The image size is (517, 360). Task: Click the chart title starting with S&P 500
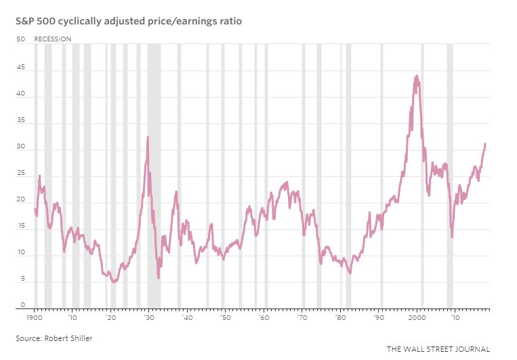[x=129, y=22]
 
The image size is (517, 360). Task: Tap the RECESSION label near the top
[x=52, y=39]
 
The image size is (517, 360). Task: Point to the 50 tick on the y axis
[x=20, y=39]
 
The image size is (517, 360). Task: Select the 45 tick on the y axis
[x=20, y=68]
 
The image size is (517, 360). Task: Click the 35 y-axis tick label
[x=20, y=121]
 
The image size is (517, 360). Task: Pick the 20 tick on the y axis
[x=20, y=201]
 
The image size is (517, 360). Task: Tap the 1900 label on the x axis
[x=36, y=317]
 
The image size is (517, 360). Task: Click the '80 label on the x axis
[x=341, y=317]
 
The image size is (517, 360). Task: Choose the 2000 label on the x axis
[x=417, y=317]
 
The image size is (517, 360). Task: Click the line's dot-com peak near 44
[x=416, y=76]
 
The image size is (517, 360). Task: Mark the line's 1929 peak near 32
[x=148, y=138]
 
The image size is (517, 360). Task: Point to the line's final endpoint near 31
[x=485, y=144]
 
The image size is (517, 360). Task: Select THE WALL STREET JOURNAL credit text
[x=438, y=349]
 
